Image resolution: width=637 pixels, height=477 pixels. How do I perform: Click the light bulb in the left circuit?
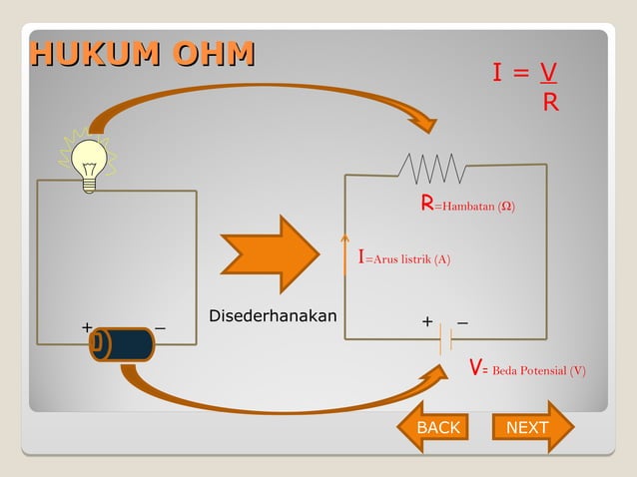(x=90, y=163)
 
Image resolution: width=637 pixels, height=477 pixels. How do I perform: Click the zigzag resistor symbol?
(x=432, y=168)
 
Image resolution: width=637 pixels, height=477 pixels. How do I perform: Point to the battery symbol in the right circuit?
(x=445, y=340)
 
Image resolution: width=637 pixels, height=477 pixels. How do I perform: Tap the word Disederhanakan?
(x=272, y=316)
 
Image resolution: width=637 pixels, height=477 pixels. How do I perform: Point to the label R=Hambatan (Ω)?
(x=467, y=205)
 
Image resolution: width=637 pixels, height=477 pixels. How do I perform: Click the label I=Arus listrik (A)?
(x=404, y=258)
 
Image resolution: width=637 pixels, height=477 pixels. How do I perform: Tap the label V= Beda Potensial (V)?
(x=527, y=369)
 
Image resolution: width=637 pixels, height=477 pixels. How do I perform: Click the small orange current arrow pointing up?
(x=344, y=254)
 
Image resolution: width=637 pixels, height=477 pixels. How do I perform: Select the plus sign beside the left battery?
(x=87, y=327)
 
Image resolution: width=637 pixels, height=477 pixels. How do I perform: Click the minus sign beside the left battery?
(x=161, y=327)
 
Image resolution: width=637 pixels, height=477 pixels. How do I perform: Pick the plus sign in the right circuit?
(x=427, y=321)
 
